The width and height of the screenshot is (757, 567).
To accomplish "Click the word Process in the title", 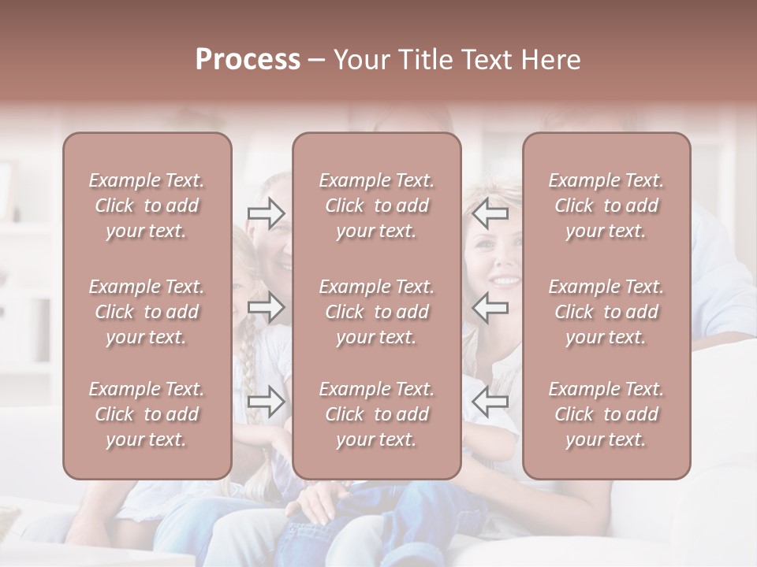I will (248, 60).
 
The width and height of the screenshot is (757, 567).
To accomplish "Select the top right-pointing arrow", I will (266, 213).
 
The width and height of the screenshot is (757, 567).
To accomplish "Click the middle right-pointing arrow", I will (266, 307).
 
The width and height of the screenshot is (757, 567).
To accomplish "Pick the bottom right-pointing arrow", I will (266, 402).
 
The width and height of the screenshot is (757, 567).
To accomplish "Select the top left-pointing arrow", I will (490, 213).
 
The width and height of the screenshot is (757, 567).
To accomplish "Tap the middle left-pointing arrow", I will (490, 307).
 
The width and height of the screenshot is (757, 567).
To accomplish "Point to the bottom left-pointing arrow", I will (490, 402).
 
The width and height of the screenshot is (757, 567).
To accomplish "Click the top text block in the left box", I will (147, 206).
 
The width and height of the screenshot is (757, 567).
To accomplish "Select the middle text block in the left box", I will (147, 312).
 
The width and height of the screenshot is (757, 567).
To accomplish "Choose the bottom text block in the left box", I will (147, 414).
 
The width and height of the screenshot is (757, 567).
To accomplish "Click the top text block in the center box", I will (377, 206).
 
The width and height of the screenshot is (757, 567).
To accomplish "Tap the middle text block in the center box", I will (377, 312).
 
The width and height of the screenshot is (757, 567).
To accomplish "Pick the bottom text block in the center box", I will (377, 414).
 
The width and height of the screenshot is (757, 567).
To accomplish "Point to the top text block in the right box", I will (606, 206).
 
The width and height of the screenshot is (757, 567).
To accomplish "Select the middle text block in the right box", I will (606, 312).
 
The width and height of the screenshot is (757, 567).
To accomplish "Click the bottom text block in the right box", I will (606, 414).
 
